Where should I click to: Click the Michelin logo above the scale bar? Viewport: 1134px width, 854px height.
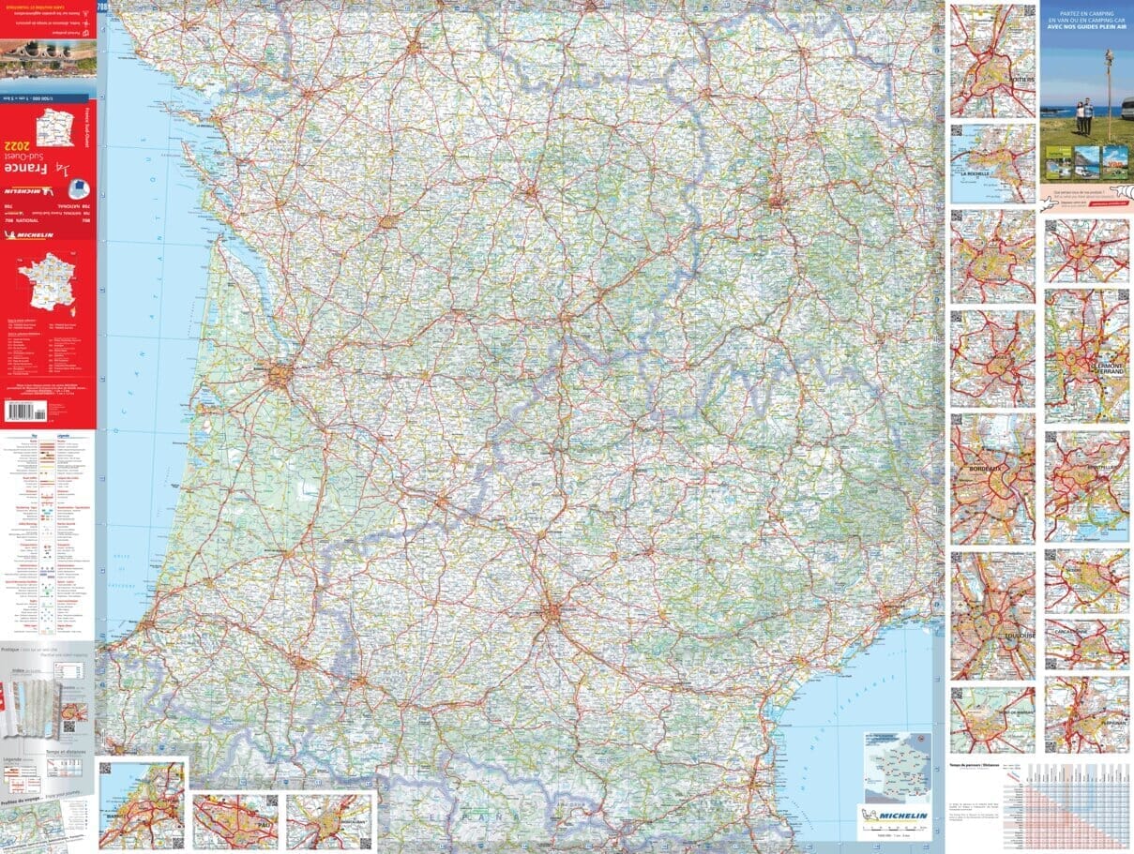click(895, 817)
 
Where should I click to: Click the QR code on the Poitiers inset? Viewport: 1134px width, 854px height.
click(958, 11)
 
